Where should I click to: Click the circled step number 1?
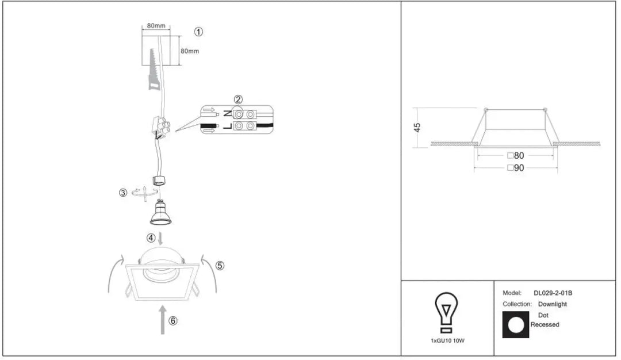pyautogui.click(x=198, y=32)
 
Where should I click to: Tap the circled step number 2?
pyautogui.click(x=238, y=99)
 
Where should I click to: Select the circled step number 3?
pyautogui.click(x=123, y=193)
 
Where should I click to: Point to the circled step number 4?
pyautogui.click(x=151, y=238)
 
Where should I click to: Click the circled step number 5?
pyautogui.click(x=220, y=265)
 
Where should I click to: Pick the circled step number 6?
pyautogui.click(x=172, y=321)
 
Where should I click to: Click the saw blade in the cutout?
pyautogui.click(x=154, y=70)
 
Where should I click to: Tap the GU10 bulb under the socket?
pyautogui.click(x=160, y=213)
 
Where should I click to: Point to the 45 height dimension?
pyautogui.click(x=417, y=128)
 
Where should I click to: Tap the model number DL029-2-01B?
pyautogui.click(x=553, y=293)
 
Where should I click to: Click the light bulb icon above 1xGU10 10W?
pyautogui.click(x=446, y=312)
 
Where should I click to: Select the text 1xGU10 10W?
pyautogui.click(x=447, y=340)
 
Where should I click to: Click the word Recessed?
pyautogui.click(x=545, y=324)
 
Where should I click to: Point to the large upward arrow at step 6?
pyautogui.click(x=162, y=320)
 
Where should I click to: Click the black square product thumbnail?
pyautogui.click(x=516, y=325)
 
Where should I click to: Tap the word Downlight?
pyautogui.click(x=553, y=304)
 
